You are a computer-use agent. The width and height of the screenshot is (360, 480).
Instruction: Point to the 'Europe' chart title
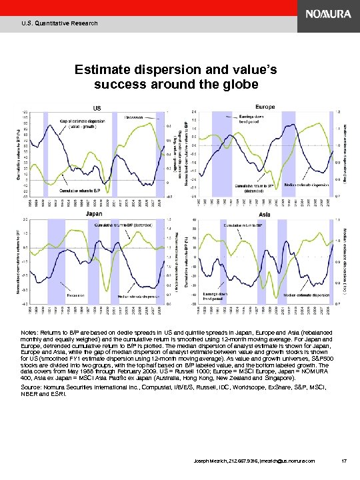(266, 107)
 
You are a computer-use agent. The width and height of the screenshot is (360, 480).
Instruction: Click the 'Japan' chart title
(94, 214)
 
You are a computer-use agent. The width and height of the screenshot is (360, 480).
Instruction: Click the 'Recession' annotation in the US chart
(135, 117)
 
